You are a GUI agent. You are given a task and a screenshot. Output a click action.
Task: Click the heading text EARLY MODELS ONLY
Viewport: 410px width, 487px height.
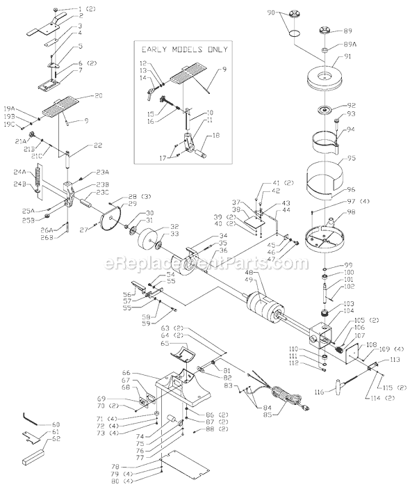point(184,50)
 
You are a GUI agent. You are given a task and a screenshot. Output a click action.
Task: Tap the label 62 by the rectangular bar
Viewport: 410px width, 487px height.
point(56,439)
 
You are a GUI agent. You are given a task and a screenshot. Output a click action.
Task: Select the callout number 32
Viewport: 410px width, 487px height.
point(174,226)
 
